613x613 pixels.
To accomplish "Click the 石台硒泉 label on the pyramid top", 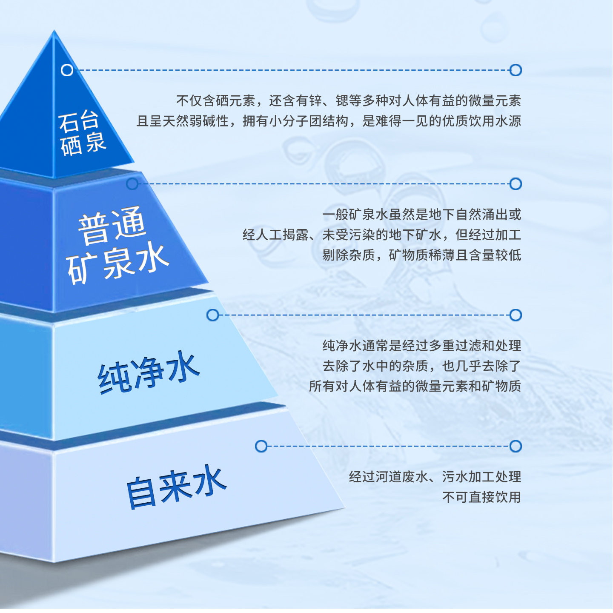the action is (82, 133).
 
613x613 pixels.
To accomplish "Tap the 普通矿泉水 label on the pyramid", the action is (116, 245).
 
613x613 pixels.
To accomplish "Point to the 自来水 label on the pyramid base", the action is (176, 486).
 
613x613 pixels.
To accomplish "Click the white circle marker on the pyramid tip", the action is (67, 70).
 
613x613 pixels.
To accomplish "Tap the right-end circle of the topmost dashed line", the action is (516, 70).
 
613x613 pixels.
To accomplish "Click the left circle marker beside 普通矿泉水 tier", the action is (132, 184).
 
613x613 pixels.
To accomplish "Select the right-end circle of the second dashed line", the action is (516, 184).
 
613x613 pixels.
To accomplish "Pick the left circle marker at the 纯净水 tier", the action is (212, 315).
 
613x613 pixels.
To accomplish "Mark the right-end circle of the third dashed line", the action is (516, 315).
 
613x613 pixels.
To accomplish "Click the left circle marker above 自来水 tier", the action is (261, 447).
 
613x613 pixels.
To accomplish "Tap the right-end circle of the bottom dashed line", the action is (516, 447).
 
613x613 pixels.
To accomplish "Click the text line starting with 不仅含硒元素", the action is (348, 101).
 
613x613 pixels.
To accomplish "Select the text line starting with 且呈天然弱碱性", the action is (329, 121).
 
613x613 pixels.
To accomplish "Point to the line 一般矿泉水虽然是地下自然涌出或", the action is (421, 214).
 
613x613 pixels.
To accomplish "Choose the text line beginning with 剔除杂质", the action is (421, 255).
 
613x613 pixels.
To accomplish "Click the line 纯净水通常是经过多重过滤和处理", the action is (421, 345).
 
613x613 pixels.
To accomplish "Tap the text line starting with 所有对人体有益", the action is (415, 386).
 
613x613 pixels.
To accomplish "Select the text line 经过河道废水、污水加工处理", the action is (435, 476).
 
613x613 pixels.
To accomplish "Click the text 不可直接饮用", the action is (481, 497).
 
